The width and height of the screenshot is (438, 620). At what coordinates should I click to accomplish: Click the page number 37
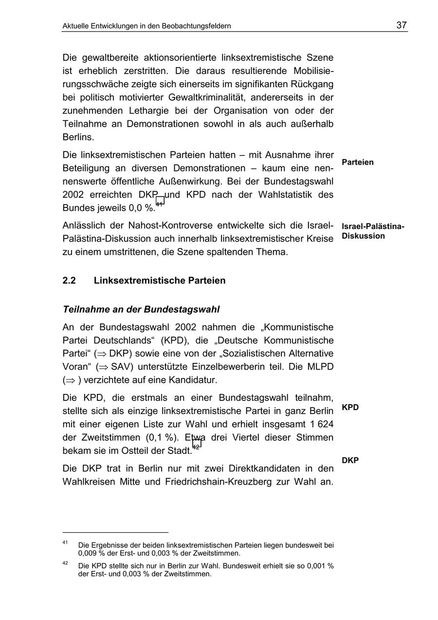(401, 25)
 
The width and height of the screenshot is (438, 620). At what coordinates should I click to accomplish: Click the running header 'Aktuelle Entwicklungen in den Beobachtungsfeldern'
(146, 26)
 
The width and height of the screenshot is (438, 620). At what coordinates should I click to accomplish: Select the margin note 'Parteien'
(358, 162)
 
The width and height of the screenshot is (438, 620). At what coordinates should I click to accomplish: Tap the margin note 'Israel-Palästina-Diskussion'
(373, 231)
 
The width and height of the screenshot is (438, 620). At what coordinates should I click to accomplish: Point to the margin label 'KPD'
(350, 407)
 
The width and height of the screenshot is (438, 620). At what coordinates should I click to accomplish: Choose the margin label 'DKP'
(350, 460)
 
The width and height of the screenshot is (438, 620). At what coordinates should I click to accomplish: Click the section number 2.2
(70, 281)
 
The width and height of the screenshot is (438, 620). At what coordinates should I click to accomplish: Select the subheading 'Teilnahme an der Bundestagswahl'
(141, 309)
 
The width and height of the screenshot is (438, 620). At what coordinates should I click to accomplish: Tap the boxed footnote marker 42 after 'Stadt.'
(197, 444)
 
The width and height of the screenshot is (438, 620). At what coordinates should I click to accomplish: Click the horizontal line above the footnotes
(115, 532)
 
